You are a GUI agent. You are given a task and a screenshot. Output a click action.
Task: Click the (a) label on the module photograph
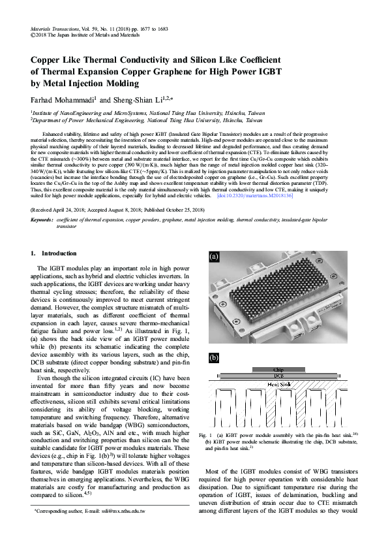click(x=213, y=257)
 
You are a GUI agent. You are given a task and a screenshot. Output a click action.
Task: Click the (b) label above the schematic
click(x=213, y=359)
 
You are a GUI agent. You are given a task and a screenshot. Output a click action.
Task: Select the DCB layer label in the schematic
click(x=278, y=376)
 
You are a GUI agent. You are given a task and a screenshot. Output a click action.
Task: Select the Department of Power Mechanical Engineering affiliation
click(x=97, y=120)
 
